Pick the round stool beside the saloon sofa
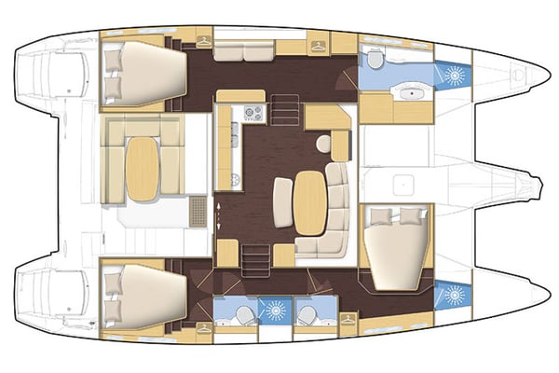point(323,145)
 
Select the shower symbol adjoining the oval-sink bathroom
point(455,75)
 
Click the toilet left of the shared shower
point(240,314)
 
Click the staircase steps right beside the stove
point(286,113)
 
